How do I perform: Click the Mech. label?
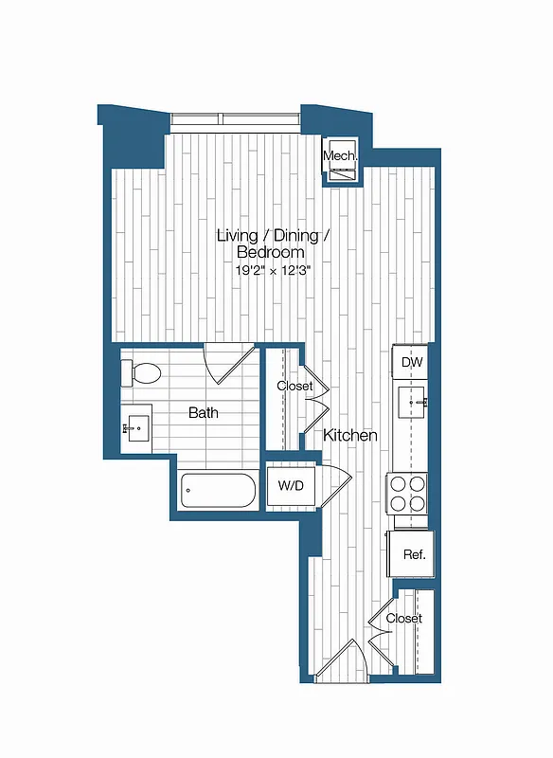338,156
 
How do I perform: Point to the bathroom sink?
136,428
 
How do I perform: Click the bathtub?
218,492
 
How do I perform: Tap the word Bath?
203,413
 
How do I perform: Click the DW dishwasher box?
412,362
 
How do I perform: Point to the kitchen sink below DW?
413,403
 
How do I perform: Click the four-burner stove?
410,492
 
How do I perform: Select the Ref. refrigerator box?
413,554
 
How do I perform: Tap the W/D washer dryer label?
291,486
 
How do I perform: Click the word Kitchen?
350,436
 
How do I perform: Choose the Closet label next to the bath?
294,387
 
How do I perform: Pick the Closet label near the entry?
403,619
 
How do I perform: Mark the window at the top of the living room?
234,120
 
